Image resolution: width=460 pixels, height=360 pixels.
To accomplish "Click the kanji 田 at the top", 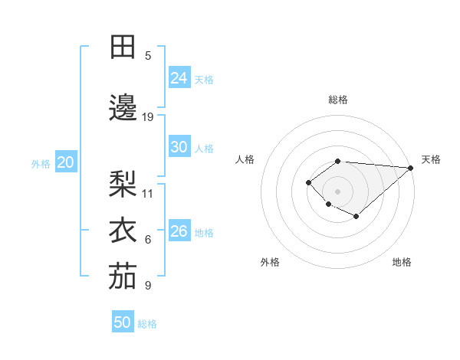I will [123, 47].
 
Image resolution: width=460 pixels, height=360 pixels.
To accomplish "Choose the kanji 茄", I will [123, 277].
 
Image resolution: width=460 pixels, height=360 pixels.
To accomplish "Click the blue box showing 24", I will [179, 78].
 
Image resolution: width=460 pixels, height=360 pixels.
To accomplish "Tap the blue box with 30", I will [179, 147].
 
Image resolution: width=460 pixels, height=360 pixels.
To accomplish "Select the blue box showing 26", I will [179, 231].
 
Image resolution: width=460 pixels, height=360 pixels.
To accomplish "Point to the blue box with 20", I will [65, 162].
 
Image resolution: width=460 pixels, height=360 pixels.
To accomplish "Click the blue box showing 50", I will [123, 322].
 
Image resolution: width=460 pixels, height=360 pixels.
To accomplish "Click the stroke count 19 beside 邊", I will [148, 117].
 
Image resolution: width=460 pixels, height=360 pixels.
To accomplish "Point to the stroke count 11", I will [148, 193].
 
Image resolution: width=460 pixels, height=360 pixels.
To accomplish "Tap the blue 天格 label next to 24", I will [204, 79].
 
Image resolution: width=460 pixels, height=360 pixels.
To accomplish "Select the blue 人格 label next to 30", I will [204, 148].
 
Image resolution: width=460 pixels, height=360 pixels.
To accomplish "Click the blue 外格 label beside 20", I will [41, 163].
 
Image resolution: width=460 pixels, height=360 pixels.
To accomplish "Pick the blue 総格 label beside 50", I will [147, 324].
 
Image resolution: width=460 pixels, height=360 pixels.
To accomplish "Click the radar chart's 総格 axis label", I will [337, 100].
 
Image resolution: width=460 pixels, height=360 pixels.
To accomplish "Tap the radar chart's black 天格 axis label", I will [431, 159].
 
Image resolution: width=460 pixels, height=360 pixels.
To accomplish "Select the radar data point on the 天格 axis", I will [411, 168].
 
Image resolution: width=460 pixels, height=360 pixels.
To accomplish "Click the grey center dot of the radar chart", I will [337, 191].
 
